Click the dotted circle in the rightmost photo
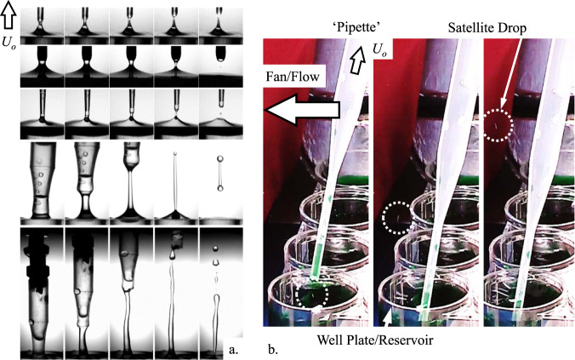495,126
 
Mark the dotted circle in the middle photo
399,219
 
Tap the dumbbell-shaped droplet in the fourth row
220,170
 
